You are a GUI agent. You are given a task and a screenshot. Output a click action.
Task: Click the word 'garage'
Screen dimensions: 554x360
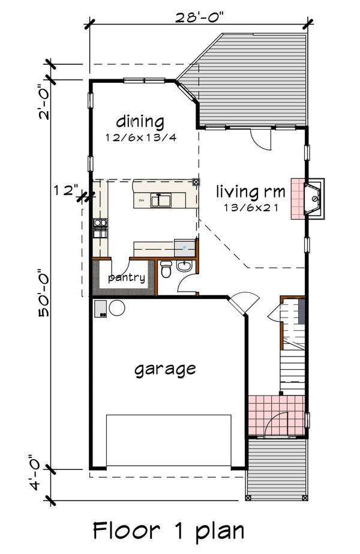click(x=164, y=368)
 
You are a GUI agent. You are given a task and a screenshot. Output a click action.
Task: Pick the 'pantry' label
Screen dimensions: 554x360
click(x=126, y=277)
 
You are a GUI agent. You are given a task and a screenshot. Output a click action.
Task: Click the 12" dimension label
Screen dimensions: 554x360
click(x=65, y=191)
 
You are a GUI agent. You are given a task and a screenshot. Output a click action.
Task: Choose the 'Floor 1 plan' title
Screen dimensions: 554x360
click(x=169, y=531)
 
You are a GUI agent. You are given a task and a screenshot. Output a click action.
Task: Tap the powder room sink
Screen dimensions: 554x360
click(x=185, y=266)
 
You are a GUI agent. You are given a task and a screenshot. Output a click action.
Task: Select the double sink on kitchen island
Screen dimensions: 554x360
click(x=161, y=199)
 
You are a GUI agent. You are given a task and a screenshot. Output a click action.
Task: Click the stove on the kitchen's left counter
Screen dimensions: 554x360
click(x=100, y=226)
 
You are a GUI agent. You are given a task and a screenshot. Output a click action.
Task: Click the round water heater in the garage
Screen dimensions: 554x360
click(x=116, y=309)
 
